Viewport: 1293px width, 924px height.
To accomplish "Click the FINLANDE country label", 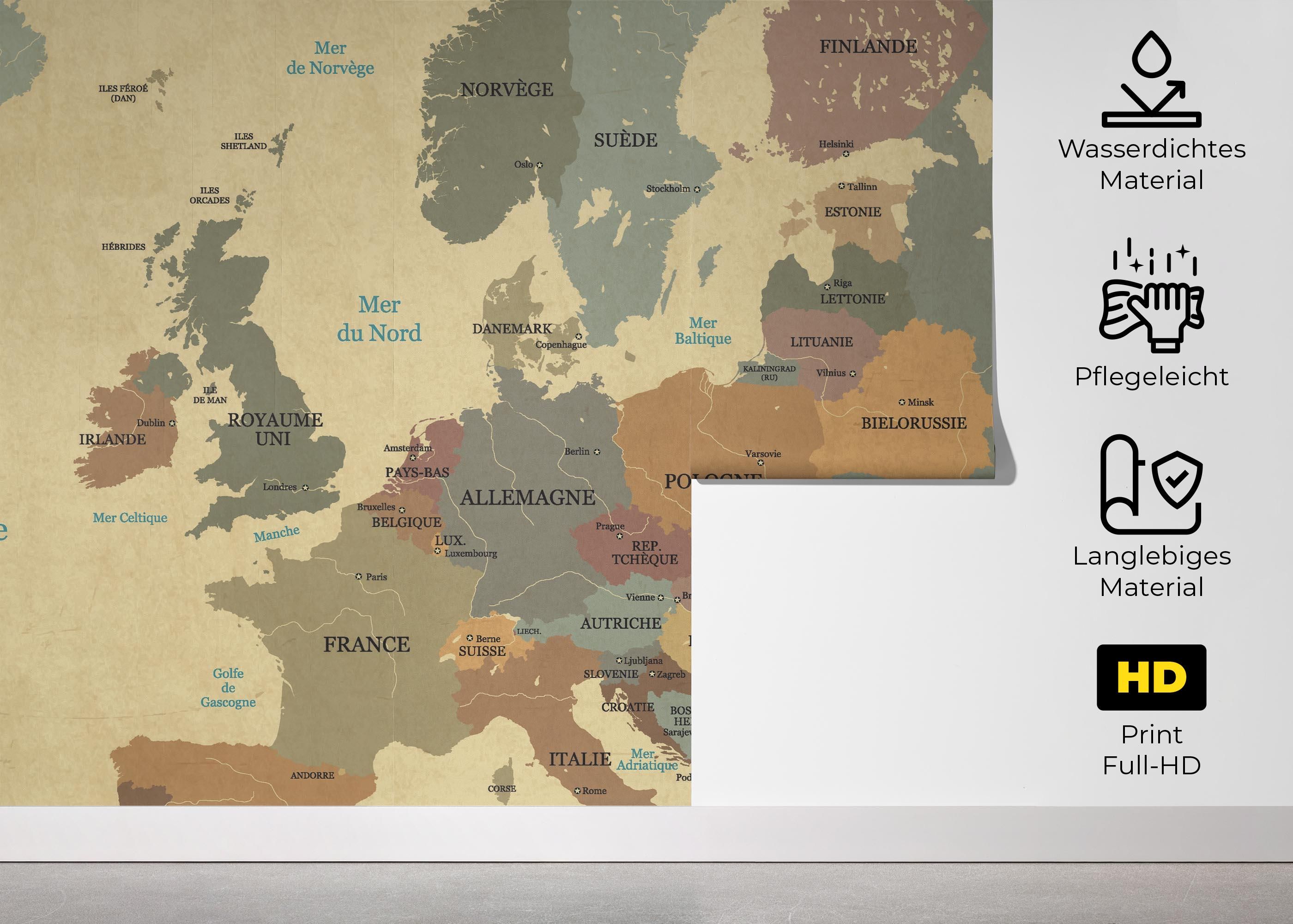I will click(868, 47).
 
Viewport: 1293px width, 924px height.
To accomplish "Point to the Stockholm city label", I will click(668, 188).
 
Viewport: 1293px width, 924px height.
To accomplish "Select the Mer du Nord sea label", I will click(379, 319).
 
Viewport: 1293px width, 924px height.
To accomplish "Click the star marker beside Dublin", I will click(172, 423).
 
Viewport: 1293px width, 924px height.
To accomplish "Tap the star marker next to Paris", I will click(359, 577).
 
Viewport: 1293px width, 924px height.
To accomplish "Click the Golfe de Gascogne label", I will click(228, 688).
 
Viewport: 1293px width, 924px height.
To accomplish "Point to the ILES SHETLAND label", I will click(243, 141).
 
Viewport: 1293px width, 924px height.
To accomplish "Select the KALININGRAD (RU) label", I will click(769, 373).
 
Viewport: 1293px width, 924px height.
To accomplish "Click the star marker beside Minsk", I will click(902, 402).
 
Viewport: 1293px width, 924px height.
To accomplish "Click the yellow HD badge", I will click(1151, 677).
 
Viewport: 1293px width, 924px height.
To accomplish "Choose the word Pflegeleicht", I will click(1151, 377).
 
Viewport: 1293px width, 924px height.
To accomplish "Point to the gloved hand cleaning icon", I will click(1151, 302).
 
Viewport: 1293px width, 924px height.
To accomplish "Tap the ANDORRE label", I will click(312, 776).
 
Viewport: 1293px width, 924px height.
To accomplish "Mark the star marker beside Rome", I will click(578, 791).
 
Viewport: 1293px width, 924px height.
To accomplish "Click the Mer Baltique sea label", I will click(703, 331).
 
